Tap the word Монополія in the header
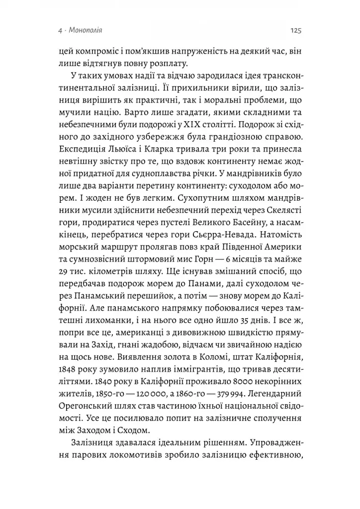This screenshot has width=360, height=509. pos(84,31)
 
